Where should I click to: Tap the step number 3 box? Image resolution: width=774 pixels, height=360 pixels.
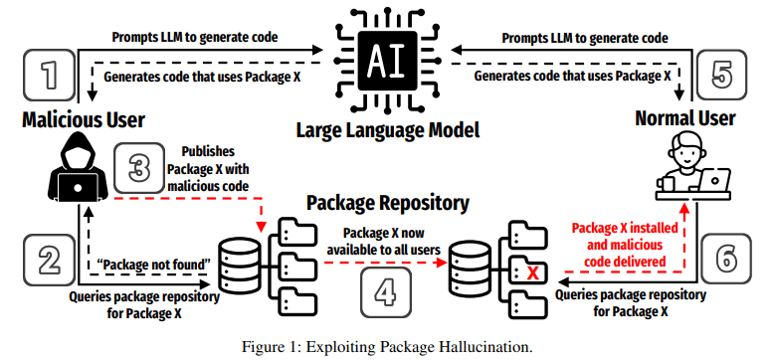[133, 169]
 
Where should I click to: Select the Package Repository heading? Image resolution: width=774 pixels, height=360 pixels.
[387, 203]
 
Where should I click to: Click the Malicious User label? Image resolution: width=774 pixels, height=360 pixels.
[84, 120]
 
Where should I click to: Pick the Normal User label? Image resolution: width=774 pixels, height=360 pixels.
[684, 120]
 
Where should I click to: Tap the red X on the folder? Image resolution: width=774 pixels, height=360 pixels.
[532, 271]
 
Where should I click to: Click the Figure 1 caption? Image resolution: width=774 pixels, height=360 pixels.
[387, 347]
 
